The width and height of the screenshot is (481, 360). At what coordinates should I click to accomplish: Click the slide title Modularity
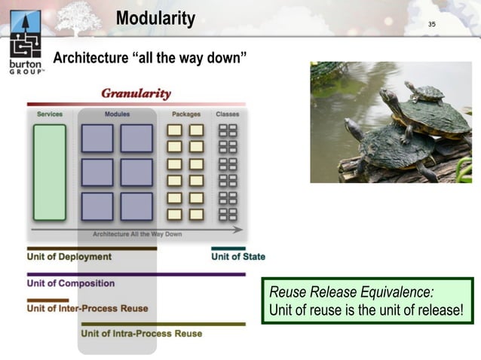pyautogui.click(x=155, y=19)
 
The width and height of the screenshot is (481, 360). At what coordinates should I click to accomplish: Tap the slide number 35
pyautogui.click(x=432, y=25)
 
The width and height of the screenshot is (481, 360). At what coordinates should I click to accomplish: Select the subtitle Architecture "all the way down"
pyautogui.click(x=150, y=59)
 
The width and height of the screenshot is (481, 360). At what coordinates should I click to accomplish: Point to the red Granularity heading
pyautogui.click(x=136, y=93)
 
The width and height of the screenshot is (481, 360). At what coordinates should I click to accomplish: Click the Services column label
pyautogui.click(x=50, y=114)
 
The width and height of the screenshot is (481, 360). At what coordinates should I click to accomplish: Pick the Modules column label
pyautogui.click(x=117, y=114)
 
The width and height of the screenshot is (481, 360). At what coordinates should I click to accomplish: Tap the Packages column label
pyautogui.click(x=186, y=114)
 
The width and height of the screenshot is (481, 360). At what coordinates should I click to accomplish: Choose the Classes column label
pyautogui.click(x=227, y=114)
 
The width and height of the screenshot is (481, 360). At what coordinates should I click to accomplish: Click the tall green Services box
pyautogui.click(x=50, y=172)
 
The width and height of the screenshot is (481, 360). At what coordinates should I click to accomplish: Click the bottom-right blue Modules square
pyautogui.click(x=136, y=206)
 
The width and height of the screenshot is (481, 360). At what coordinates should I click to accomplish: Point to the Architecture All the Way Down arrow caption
pyautogui.click(x=137, y=234)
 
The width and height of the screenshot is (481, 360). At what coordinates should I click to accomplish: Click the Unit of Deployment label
pyautogui.click(x=69, y=257)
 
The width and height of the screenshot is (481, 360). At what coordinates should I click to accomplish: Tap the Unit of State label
pyautogui.click(x=238, y=257)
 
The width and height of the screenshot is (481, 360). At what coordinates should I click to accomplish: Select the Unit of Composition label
pyautogui.click(x=71, y=283)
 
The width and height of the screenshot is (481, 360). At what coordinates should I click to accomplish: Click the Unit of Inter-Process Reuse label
pyautogui.click(x=87, y=308)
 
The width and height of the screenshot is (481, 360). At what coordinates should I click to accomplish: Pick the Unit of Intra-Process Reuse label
pyautogui.click(x=142, y=333)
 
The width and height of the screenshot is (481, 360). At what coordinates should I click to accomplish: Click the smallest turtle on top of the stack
pyautogui.click(x=426, y=93)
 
